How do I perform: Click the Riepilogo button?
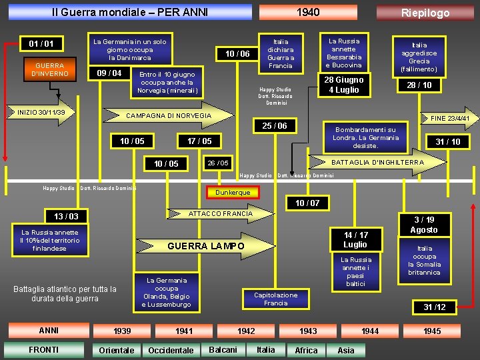[425, 13]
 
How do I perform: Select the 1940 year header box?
[307, 12]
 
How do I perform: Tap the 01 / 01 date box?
[41, 44]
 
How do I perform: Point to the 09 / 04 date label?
[109, 73]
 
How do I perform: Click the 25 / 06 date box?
[274, 126]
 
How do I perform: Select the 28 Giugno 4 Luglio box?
[343, 85]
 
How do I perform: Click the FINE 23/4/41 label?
[450, 118]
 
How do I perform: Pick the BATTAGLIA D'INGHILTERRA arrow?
[377, 162]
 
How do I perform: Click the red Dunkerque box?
[233, 193]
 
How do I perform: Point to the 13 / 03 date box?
[65, 216]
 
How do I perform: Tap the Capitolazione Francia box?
[275, 299]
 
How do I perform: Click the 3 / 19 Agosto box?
[424, 225]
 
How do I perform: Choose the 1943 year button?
[307, 331]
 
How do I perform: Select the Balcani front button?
[223, 349]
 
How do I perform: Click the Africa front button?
[306, 350]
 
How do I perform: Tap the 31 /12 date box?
[435, 307]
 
